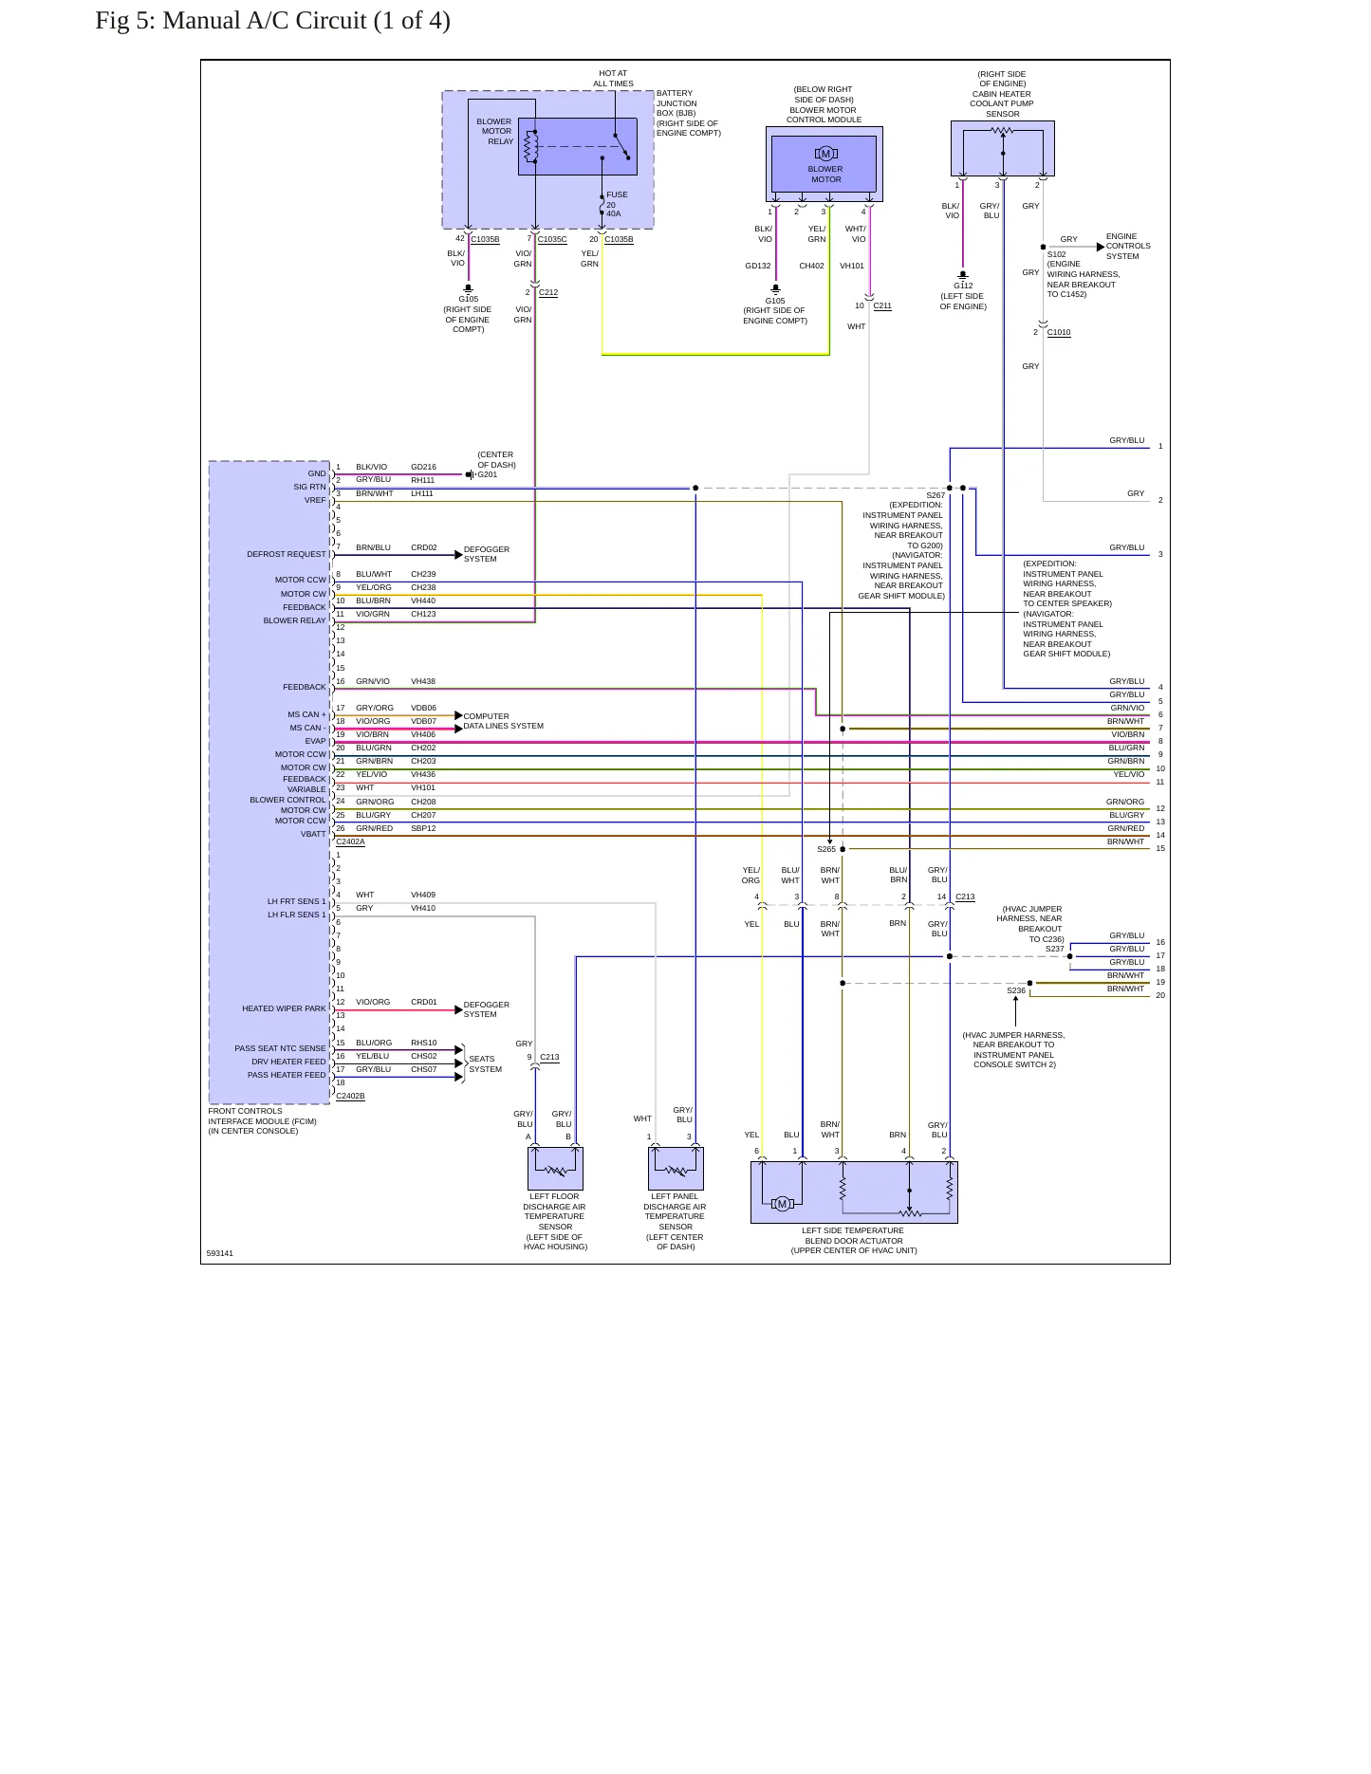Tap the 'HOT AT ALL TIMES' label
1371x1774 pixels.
[613, 79]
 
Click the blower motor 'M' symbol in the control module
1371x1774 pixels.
[825, 154]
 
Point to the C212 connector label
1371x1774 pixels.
[548, 292]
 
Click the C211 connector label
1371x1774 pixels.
[882, 305]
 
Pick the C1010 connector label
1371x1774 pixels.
[1059, 332]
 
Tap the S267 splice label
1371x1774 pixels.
[936, 495]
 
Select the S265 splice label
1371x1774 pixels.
[826, 849]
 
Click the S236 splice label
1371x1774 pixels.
[1016, 990]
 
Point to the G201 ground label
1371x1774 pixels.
[487, 474]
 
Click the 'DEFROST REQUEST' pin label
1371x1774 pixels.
[287, 554]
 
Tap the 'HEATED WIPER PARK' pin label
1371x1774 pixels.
[284, 1008]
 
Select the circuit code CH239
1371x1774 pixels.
[423, 574]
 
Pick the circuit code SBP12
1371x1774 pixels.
[423, 828]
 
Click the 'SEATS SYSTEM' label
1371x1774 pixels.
[485, 1063]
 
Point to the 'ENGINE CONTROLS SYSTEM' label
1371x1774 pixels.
[1128, 246]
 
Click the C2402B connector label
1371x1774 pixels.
[351, 1096]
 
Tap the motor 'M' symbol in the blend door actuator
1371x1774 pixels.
[782, 1204]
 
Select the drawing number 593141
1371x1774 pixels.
[220, 1253]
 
